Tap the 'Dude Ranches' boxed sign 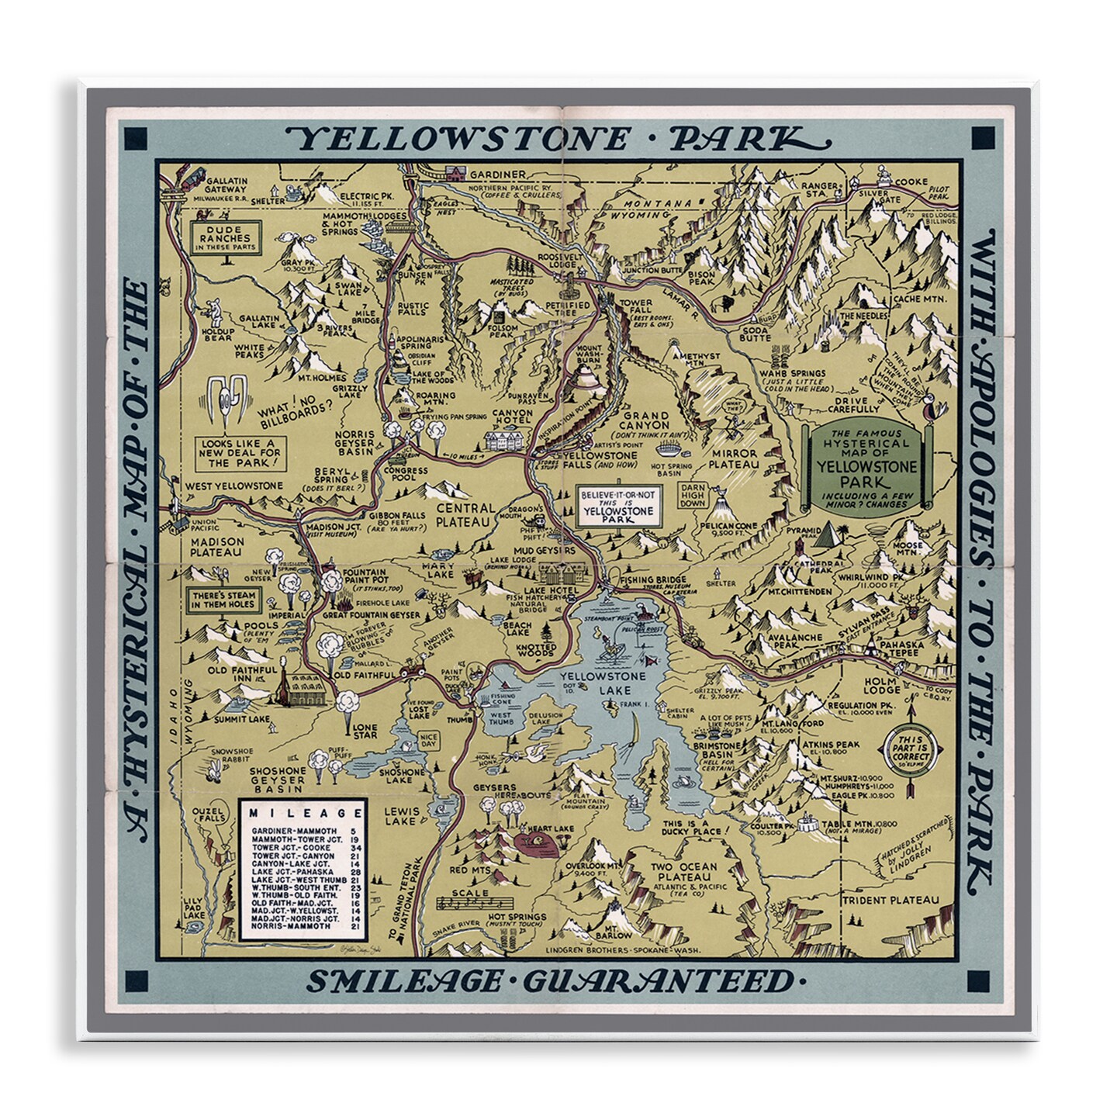(x=221, y=236)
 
